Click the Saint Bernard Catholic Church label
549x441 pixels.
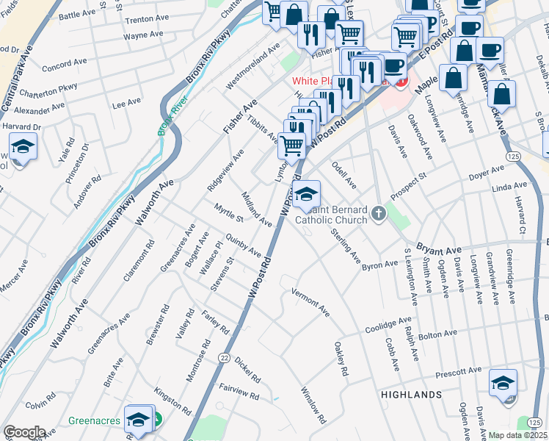pos(332,214)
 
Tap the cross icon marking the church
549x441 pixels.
pos(379,214)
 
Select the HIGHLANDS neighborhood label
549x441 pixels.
pos(409,395)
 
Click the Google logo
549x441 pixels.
pos(24,432)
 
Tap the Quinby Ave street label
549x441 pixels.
pos(243,245)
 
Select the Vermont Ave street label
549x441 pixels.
pos(310,301)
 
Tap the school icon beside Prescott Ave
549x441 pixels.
pos(503,383)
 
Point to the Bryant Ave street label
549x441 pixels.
pos(438,248)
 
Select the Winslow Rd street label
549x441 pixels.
pos(313,405)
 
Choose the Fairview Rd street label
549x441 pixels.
pos(239,391)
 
